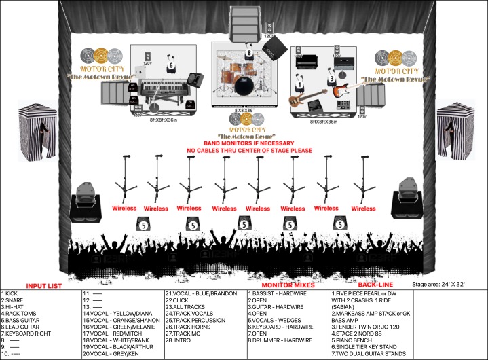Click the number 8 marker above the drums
click(x=249, y=52)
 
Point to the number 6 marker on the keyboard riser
click(x=171, y=65)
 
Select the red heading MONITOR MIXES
click(x=281, y=285)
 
